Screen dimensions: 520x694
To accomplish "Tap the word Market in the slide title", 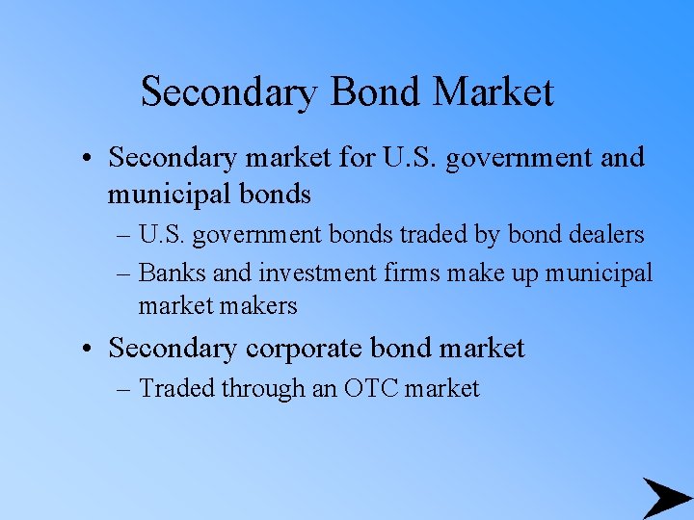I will pos(494,92).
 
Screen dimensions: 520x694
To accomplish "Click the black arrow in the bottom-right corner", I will pos(666,498).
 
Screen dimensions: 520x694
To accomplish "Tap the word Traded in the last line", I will pos(176,388).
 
